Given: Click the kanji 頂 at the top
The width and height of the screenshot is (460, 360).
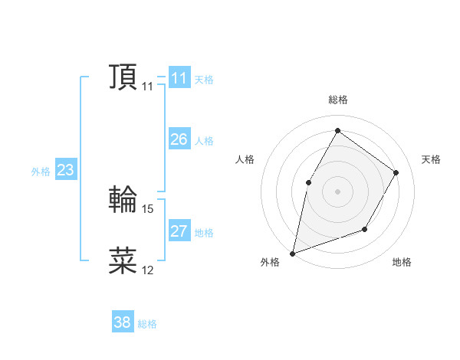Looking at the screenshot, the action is point(123,78).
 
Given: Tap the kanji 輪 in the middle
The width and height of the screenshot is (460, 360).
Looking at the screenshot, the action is point(123,200).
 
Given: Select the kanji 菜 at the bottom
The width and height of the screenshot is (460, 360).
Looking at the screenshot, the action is point(123,260).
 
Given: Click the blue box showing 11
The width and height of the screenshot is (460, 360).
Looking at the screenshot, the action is point(179,78).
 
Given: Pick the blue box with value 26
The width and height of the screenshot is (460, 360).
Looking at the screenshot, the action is point(179,139).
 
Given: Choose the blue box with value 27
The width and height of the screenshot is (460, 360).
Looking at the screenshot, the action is point(179,231).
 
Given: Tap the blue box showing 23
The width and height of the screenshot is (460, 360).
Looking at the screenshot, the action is point(65,170).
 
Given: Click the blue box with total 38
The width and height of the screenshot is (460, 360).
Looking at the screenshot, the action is point(123,322).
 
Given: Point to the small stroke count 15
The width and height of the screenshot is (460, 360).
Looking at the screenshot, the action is point(148,208).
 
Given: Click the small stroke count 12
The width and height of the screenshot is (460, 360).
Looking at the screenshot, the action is point(148,270).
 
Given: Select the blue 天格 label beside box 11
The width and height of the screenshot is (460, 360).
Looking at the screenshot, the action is point(204,80).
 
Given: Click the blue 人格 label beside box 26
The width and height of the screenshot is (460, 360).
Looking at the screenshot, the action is point(204,141).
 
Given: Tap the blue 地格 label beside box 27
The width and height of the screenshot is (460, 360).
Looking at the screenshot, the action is point(204,233).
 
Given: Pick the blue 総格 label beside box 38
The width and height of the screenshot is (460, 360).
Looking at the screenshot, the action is point(147,324).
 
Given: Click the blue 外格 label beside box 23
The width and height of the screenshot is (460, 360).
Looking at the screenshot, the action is point(41,172).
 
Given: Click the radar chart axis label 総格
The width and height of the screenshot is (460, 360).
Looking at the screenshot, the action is point(337,100).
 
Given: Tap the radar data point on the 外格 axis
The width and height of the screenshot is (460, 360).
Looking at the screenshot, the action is point(293,253).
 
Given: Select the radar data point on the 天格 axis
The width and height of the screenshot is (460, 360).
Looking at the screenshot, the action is point(396,172).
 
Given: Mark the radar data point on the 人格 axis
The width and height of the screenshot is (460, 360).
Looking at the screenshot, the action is point(308,182).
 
